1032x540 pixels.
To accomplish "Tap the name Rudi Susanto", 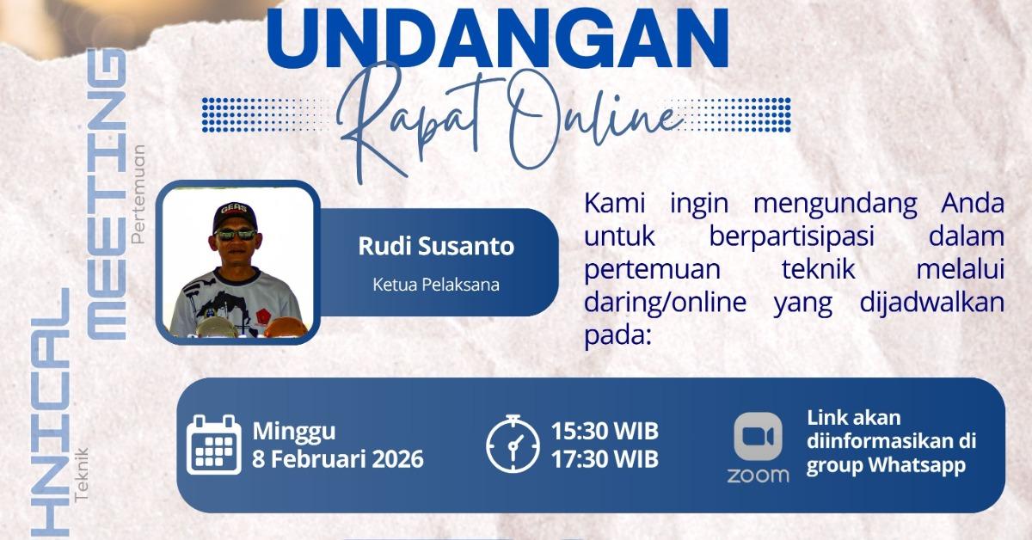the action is coord(436,246).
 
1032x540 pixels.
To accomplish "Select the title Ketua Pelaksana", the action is coord(436,285).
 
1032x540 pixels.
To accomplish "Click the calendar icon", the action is coord(214,445).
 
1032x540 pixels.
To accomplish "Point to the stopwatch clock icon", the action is coord(513,444).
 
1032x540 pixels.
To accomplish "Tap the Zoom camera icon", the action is coord(758,437).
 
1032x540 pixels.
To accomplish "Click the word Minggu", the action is coord(294,433).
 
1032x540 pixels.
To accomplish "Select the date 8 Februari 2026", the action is coord(338,459).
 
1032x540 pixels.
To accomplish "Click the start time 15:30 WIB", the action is coord(605,432).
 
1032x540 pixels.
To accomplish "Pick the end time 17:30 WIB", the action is coord(605,459).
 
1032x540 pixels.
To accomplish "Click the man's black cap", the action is coord(235,216).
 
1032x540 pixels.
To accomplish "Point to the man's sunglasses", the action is coord(236,235).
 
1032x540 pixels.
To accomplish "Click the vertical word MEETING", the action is coord(107,194).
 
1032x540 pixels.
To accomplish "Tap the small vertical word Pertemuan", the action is coord(138,194).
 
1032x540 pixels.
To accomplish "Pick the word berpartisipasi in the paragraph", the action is coord(791,236).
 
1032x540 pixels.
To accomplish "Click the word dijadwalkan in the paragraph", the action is coord(932,303).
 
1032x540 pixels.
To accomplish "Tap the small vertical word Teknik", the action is coord(81,475).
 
